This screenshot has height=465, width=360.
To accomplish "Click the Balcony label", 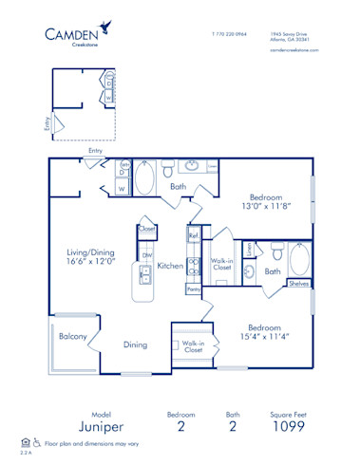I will pos(73,337).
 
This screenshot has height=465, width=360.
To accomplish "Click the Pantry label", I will pos(193,288).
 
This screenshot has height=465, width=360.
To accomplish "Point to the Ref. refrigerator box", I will pos(193,235).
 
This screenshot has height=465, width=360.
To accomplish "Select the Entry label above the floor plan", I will pos(95,150).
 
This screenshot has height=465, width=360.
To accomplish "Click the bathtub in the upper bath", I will pos(149,177).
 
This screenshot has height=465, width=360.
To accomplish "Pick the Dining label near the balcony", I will pos(135,345).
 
